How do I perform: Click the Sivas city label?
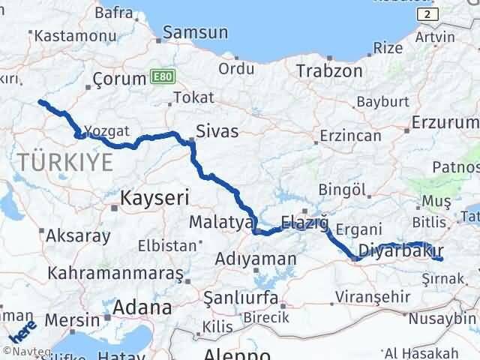tap(217, 132)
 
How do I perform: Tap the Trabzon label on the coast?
tap(329, 71)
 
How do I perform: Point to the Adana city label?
tap(142, 307)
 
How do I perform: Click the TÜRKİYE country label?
tap(66, 161)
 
